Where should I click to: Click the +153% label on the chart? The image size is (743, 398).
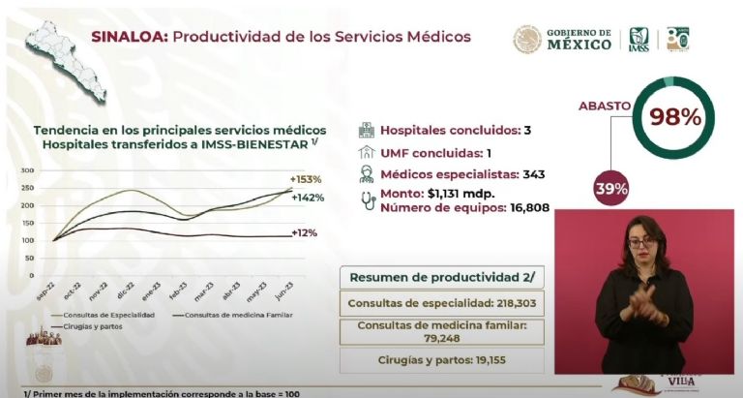306,179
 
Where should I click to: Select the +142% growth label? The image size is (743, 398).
308,198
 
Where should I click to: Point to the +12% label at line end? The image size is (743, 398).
306,233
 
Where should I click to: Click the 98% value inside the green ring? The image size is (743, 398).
675,117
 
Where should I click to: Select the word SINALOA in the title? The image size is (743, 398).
126,37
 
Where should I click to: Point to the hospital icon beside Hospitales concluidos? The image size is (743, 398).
366,130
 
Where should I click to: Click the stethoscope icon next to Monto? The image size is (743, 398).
367,199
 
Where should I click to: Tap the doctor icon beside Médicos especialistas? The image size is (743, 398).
366,174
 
